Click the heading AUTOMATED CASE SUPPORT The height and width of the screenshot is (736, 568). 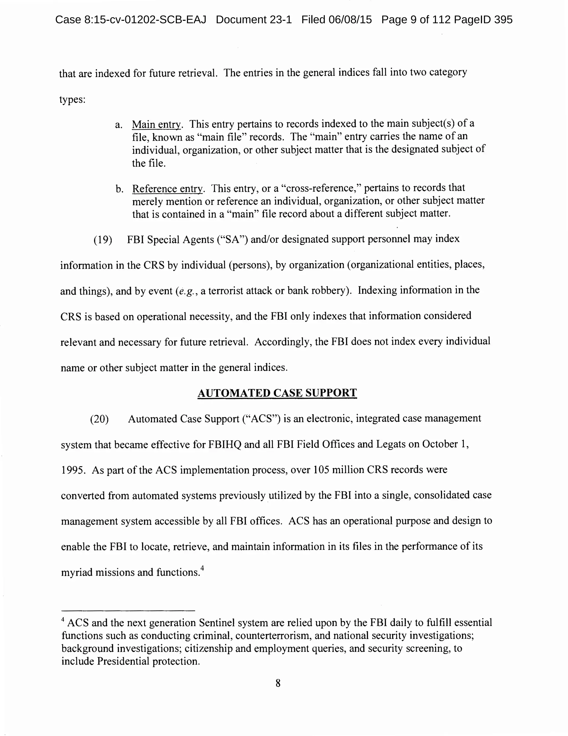[277, 393]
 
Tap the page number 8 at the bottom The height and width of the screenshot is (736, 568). [278, 683]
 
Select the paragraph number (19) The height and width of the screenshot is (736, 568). [103, 240]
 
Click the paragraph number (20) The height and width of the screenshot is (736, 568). [100, 419]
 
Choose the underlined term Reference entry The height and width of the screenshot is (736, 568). [168, 189]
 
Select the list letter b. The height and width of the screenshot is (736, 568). [119, 189]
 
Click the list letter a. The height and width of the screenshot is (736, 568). [119, 125]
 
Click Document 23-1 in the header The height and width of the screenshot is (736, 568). [253, 20]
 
